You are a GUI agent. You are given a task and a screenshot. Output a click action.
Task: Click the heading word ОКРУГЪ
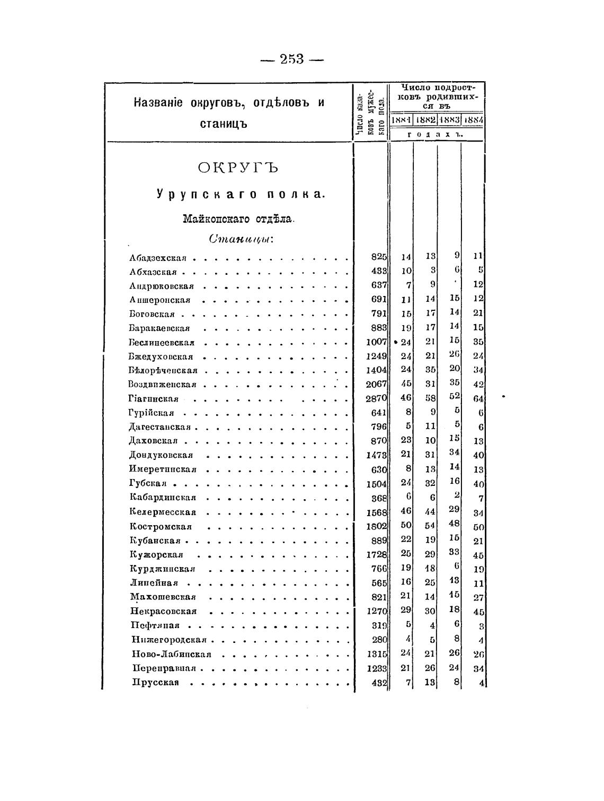coord(238,168)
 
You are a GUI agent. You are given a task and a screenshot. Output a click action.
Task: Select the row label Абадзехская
coord(158,258)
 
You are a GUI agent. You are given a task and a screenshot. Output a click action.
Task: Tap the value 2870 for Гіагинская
coord(377,398)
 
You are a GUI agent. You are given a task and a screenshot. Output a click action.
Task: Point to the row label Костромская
coord(161,527)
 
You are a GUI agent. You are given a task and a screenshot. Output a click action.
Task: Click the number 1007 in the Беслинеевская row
coord(377,342)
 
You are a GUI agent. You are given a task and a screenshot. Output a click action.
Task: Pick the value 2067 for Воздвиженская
coord(377,384)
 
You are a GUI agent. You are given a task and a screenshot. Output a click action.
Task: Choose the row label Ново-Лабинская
coord(172,654)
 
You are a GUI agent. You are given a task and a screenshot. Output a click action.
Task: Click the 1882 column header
coord(425,120)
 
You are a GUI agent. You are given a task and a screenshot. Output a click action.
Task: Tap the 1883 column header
coord(449,120)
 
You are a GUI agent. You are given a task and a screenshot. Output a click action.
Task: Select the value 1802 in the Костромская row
coord(377,527)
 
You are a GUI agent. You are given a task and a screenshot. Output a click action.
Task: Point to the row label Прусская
coord(155,682)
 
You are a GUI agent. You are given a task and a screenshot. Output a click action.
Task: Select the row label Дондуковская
coord(161,455)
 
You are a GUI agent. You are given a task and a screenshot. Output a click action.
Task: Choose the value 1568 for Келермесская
coord(377,512)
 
